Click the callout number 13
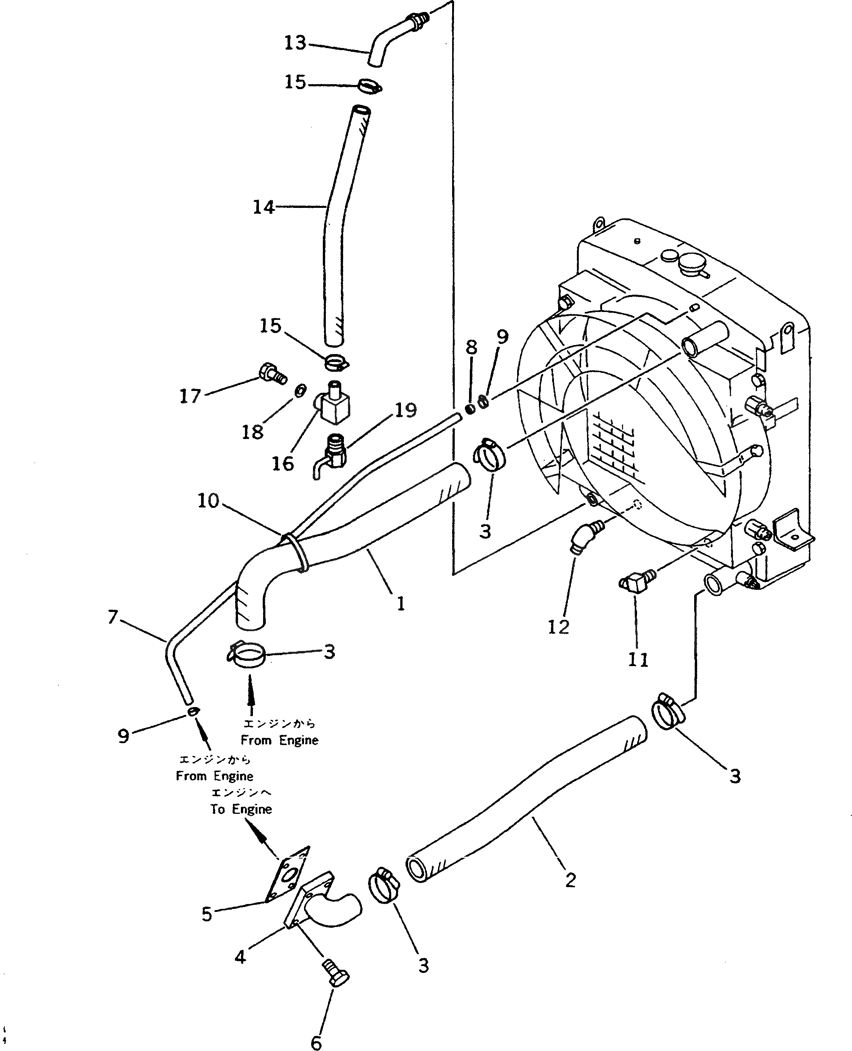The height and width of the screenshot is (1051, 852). click(295, 43)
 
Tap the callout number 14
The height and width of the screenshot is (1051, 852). click(263, 207)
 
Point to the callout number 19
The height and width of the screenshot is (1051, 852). click(406, 410)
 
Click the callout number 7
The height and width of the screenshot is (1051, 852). click(113, 616)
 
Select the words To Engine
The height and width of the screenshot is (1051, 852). click(241, 809)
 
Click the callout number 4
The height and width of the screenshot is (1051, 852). click(240, 956)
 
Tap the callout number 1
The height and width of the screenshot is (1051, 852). click(401, 603)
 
